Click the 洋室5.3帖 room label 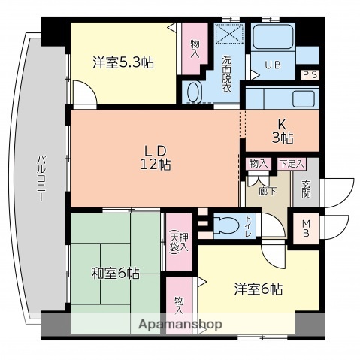coord(123,62)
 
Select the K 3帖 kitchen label coord(281,132)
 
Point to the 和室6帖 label coord(114,272)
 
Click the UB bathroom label coord(272,65)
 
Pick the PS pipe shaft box coord(310,74)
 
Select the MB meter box coord(307,228)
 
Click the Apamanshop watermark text coord(180,325)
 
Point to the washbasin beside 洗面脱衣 coord(192,92)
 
